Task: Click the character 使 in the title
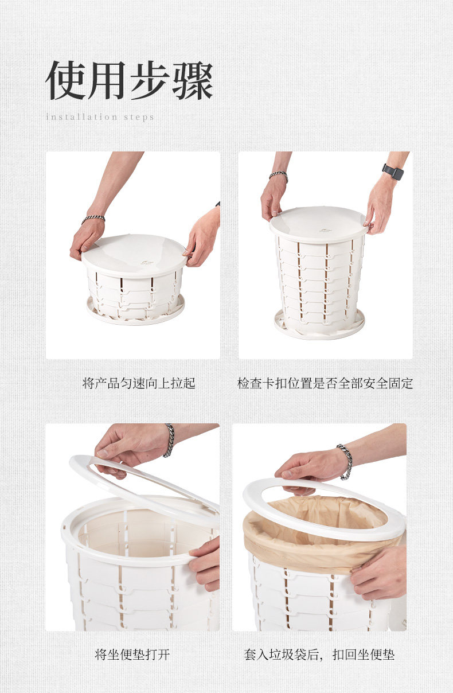coord(65,80)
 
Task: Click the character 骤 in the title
coord(193,80)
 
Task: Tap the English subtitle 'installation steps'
coord(100,117)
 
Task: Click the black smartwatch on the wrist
coord(393,172)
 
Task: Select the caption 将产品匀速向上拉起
coord(139,383)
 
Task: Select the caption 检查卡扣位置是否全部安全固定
coord(325,383)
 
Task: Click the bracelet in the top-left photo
coord(93,219)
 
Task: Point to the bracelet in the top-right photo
coord(279,176)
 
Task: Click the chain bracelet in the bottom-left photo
coord(169,440)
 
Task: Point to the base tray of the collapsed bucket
coord(135,311)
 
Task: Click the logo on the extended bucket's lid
coord(324,230)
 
